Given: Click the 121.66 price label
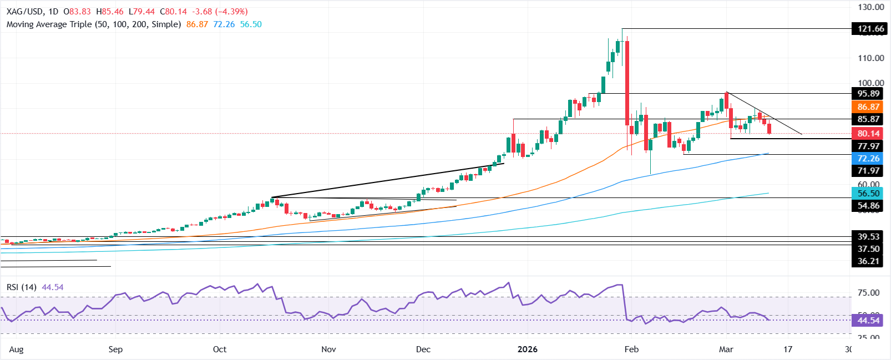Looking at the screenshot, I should [x=870, y=29].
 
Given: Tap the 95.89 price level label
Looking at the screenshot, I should [x=868, y=94].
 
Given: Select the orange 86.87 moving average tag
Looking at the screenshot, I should [x=868, y=107].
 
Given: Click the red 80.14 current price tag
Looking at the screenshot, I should [x=868, y=134].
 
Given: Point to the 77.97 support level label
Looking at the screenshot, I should [x=868, y=146].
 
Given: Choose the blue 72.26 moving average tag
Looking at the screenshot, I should [x=868, y=159].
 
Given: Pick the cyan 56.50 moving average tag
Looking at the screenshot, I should [x=868, y=194].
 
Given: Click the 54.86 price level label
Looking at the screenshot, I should [x=868, y=206].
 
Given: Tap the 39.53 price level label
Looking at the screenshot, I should [x=868, y=237].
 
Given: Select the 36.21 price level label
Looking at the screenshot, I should [x=868, y=261].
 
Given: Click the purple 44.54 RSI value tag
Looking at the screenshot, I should [x=868, y=321].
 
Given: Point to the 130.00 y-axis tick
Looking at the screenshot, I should [x=870, y=7].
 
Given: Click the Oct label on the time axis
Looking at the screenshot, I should [x=220, y=349].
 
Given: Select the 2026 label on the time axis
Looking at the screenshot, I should [x=527, y=349].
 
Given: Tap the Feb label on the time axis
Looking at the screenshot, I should [x=631, y=349].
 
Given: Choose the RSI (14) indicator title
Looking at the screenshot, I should [x=22, y=287].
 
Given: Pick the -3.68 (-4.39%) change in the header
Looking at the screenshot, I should [x=220, y=12].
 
